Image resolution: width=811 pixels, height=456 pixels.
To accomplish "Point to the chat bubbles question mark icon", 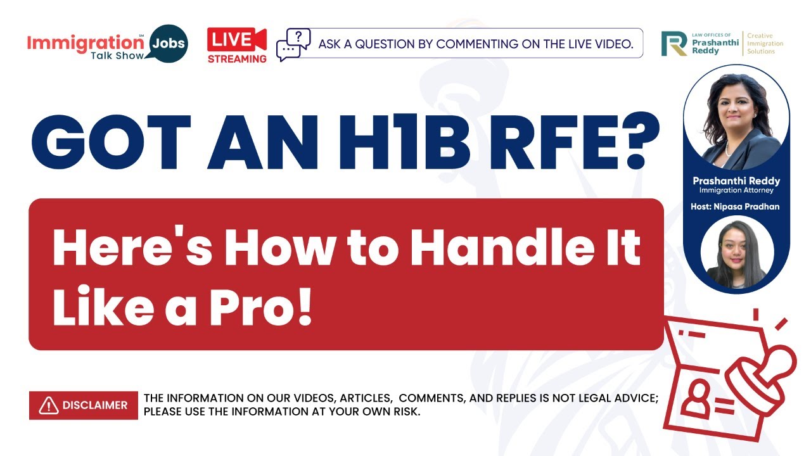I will pyautogui.click(x=293, y=44).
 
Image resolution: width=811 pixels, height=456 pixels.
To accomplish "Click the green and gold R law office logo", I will pyautogui.click(x=674, y=43).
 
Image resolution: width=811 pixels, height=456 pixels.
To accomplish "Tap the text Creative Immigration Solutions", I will pyautogui.click(x=765, y=44).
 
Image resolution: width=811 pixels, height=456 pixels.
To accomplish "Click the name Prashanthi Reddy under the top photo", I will pyautogui.click(x=736, y=181).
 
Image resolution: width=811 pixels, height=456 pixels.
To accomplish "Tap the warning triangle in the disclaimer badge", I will pyautogui.click(x=48, y=405).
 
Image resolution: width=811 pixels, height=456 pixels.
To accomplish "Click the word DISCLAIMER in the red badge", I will pyautogui.click(x=95, y=405).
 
